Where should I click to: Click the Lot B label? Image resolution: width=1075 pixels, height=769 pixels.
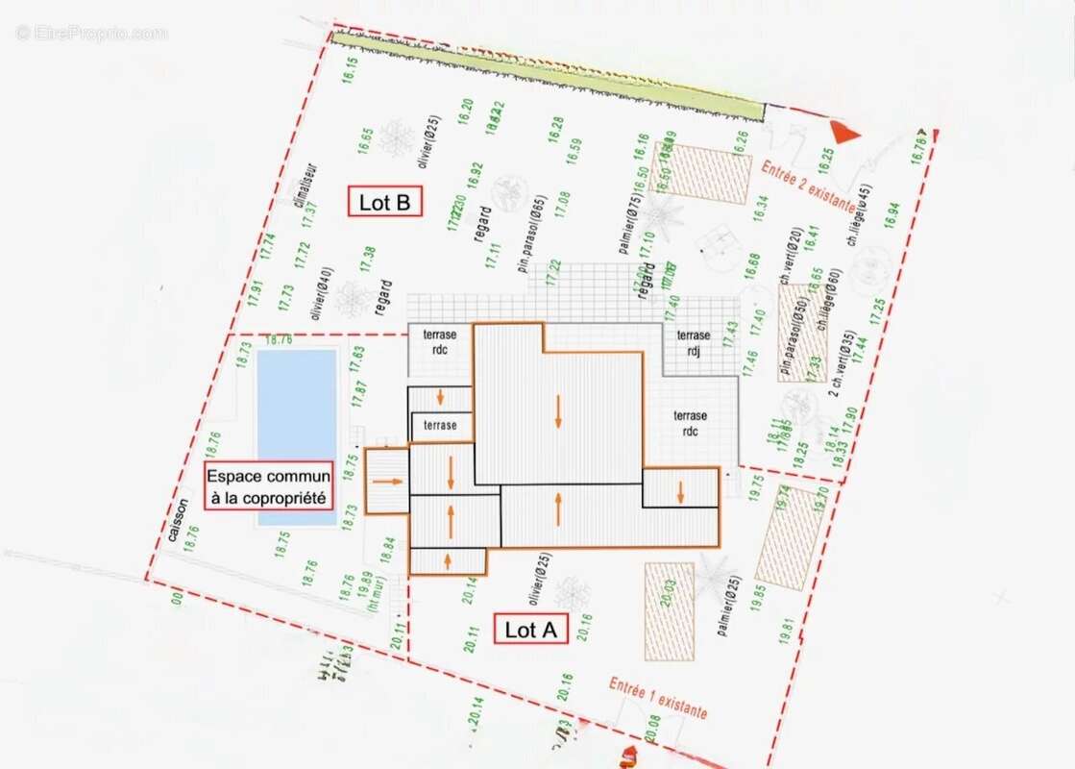[384, 202]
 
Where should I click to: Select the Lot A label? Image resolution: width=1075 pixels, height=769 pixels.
[531, 630]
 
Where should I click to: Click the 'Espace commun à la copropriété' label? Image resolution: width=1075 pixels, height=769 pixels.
[269, 486]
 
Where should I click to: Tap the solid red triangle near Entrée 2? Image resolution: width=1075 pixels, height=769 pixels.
[843, 134]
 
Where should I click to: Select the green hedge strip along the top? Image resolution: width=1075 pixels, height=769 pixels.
[548, 76]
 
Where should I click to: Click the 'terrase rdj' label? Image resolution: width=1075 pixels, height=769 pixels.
[693, 342]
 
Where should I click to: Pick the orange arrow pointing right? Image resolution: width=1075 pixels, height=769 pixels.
[387, 480]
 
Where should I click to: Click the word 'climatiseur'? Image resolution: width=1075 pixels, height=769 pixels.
[299, 186]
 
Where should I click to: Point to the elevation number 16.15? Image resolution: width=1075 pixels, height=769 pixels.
[351, 74]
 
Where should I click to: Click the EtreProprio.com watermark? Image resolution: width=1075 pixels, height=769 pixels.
[91, 33]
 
